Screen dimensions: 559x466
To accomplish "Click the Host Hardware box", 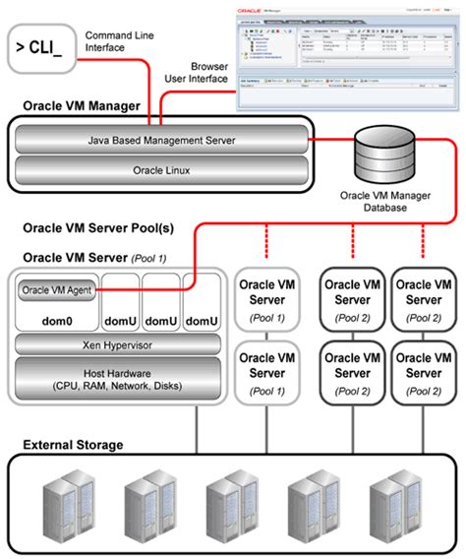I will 115,378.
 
